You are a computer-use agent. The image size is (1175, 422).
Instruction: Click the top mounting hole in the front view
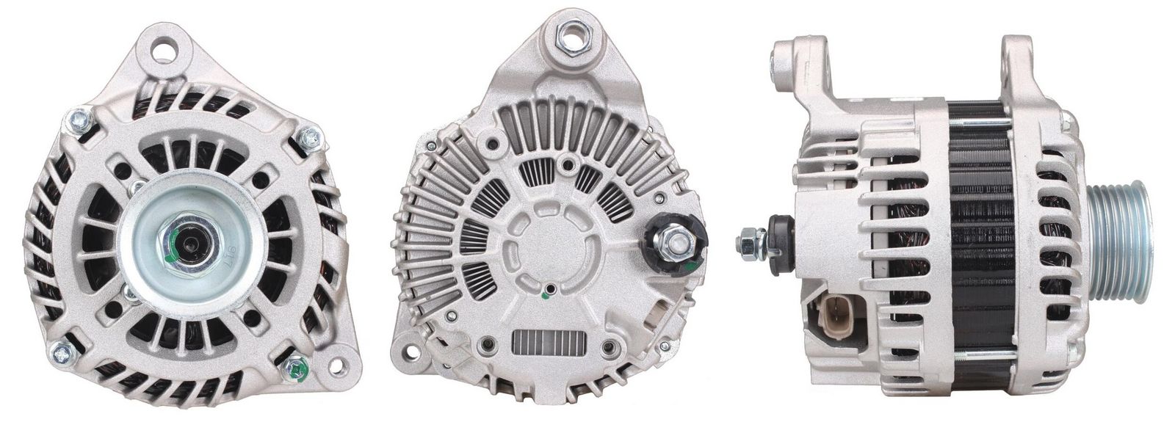pos(166,51)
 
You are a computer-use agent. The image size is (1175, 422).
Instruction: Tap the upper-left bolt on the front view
pos(79,120)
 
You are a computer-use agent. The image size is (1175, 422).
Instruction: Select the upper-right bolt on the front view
pos(311,137)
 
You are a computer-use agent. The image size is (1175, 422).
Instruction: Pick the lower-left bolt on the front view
pos(65,353)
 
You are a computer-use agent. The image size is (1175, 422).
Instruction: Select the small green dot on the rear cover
pos(544,297)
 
